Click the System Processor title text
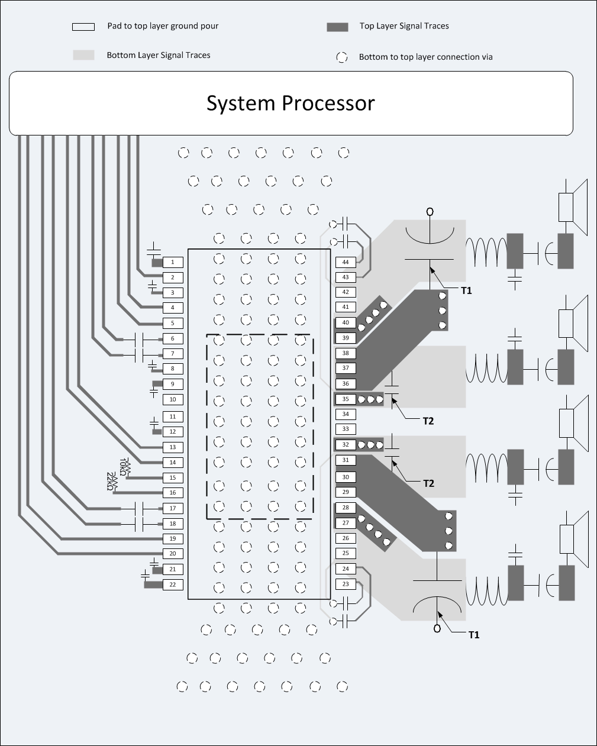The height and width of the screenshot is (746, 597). coord(290,103)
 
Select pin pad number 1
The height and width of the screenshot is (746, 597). coord(173,262)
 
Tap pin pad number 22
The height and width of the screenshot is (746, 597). coord(173,584)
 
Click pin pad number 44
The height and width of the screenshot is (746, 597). coord(346,262)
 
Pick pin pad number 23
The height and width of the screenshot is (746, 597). coord(346,584)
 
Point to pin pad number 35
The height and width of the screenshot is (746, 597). coord(346,399)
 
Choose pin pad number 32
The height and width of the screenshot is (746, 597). coord(346,445)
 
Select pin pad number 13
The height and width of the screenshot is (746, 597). coord(173,447)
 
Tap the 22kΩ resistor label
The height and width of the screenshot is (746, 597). coord(111,482)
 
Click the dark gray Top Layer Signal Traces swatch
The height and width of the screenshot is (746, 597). coord(337,27)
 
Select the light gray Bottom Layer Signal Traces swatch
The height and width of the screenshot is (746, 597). coord(83,55)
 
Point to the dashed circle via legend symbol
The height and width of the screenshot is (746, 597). coord(342,57)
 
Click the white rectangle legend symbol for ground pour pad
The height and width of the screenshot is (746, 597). coord(83,27)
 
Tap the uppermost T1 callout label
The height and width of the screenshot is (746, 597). coord(466,290)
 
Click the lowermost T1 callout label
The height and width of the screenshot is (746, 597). coord(473,635)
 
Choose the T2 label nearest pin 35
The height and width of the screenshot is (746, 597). coord(428,421)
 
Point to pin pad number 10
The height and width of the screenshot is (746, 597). coord(173,399)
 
